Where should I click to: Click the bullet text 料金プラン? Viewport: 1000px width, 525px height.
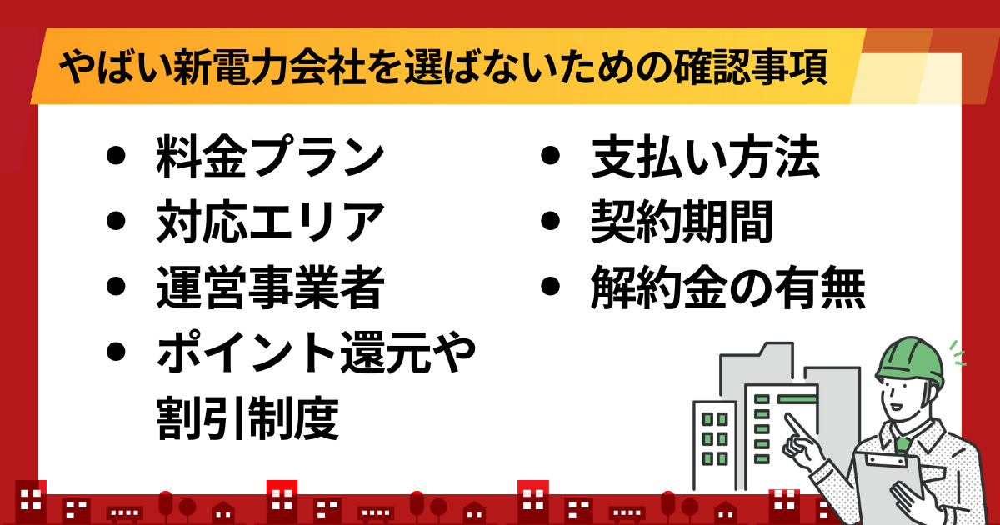click(x=270, y=157)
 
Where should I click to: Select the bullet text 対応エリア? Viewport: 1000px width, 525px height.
click(x=270, y=222)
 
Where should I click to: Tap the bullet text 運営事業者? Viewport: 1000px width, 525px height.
click(x=270, y=287)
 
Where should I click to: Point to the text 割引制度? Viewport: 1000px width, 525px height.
click(x=247, y=417)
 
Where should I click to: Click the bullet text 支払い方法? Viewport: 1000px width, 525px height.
click(x=705, y=157)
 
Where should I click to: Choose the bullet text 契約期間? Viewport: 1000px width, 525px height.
click(x=682, y=222)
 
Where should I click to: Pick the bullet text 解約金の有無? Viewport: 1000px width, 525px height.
click(x=728, y=287)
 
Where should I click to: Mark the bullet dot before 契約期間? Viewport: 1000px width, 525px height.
click(x=550, y=221)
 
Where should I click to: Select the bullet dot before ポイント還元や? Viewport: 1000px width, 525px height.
click(x=116, y=352)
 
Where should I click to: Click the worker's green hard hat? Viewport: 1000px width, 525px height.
click(x=911, y=362)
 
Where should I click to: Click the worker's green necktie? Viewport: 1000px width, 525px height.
click(x=902, y=445)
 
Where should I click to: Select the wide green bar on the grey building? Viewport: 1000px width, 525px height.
click(x=797, y=398)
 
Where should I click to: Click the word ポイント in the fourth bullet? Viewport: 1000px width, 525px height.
click(x=247, y=352)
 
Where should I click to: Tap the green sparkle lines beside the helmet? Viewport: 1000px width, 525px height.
click(x=958, y=352)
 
